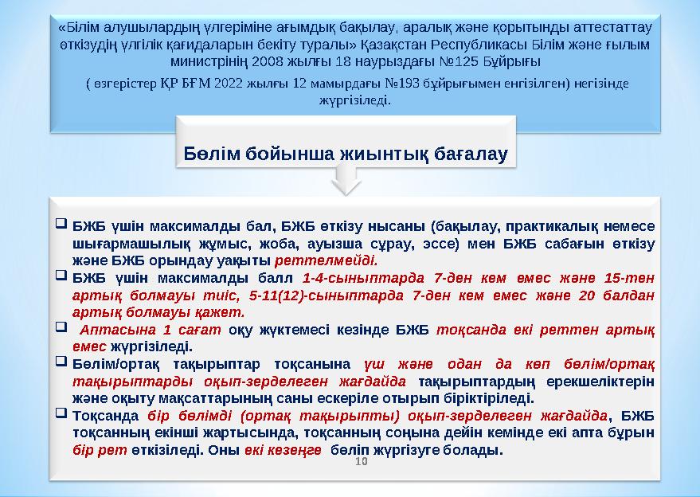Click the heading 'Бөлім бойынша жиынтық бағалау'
[x=346, y=153]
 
